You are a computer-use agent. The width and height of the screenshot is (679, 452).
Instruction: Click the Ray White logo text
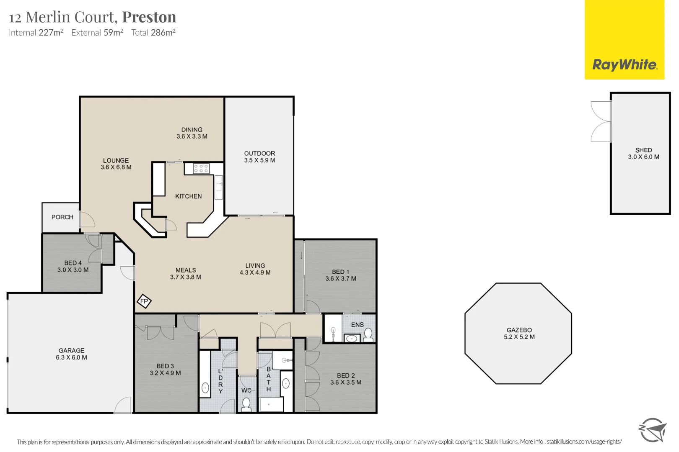[625, 65]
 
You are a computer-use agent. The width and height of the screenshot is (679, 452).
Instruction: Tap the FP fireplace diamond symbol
[144, 301]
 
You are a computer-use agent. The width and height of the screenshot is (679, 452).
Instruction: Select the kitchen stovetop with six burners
[201, 169]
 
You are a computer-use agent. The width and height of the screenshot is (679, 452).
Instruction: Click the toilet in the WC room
[246, 404]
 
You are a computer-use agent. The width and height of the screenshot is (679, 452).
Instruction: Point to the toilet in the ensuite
[368, 335]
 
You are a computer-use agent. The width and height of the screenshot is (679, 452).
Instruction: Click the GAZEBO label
[519, 330]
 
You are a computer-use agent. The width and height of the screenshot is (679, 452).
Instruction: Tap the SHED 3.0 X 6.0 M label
[643, 154]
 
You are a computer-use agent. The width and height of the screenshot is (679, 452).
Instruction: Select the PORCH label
[62, 217]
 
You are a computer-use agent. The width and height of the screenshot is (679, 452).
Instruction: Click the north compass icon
[652, 430]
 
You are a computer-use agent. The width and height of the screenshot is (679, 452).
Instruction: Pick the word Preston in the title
[149, 17]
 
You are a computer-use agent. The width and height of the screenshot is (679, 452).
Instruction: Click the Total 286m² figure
[153, 32]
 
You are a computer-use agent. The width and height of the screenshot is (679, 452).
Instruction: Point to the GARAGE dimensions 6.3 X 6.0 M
[71, 357]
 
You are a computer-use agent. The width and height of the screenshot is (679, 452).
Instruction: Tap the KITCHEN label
[189, 196]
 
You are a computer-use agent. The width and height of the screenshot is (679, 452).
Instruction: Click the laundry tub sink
[205, 388]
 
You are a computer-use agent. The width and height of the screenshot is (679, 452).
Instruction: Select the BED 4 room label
[73, 263]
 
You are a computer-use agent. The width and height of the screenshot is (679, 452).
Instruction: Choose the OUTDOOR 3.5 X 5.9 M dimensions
[259, 160]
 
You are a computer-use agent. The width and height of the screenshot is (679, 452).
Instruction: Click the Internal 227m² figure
[36, 32]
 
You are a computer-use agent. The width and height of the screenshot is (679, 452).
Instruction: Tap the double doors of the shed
[601, 121]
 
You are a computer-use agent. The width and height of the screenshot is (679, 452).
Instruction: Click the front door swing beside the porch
[87, 219]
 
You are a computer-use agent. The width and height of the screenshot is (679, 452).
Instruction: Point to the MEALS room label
[186, 270]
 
